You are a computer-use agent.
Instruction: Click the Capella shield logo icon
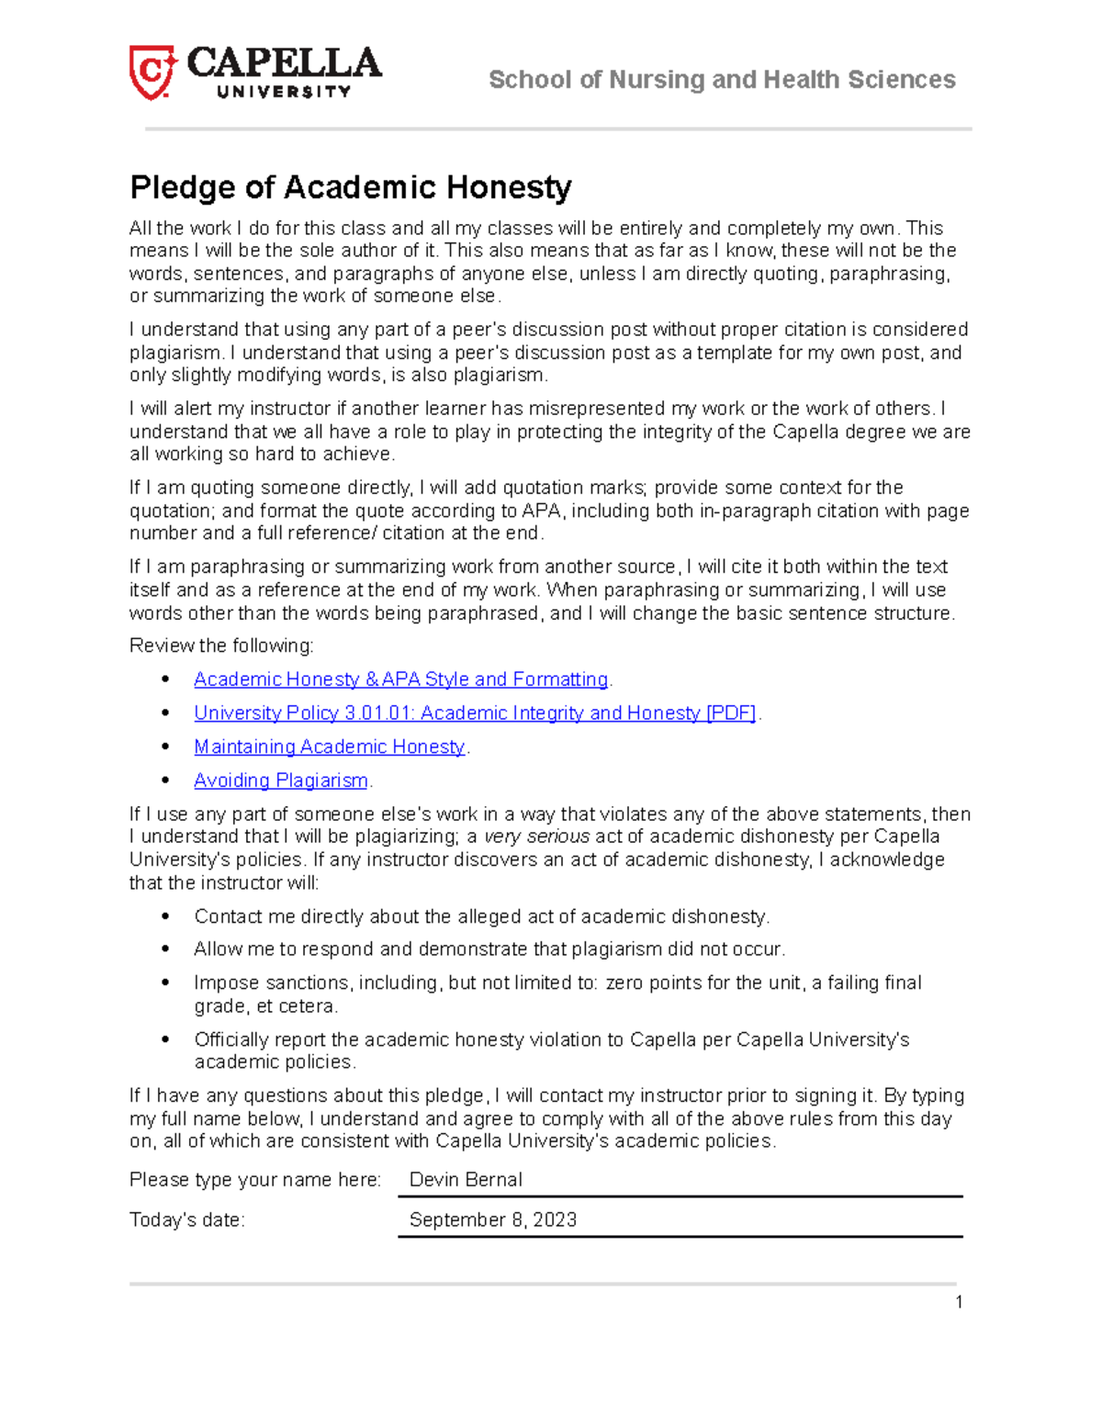tap(152, 73)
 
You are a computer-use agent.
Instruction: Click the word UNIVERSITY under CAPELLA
tap(284, 91)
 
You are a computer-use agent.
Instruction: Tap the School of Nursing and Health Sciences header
tap(722, 80)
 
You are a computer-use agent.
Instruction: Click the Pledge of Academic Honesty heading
tap(351, 187)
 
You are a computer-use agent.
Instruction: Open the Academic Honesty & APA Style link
tap(400, 679)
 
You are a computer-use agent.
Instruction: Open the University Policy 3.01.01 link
tap(475, 713)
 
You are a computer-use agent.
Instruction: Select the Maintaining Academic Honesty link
tap(329, 747)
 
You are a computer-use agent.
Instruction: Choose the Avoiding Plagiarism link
tap(281, 780)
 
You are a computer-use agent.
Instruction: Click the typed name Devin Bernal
tap(466, 1180)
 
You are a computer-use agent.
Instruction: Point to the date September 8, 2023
tap(493, 1219)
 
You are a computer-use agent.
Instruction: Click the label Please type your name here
tap(254, 1180)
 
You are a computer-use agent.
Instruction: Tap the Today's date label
tap(187, 1220)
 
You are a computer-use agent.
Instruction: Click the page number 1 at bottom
tap(959, 1302)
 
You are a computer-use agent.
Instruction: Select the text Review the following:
tap(221, 646)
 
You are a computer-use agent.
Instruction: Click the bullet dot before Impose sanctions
tap(165, 982)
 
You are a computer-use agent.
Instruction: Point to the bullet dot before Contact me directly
tap(165, 916)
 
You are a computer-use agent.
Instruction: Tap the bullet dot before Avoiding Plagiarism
tap(165, 780)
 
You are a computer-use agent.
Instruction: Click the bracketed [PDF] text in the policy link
tap(730, 713)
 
